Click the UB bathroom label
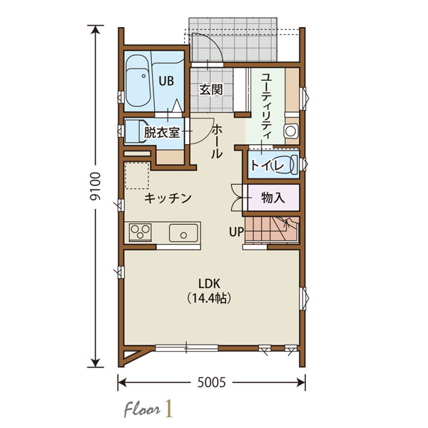(166, 81)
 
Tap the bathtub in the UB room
(138, 81)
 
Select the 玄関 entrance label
(211, 90)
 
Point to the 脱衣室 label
(162, 133)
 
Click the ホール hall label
(217, 141)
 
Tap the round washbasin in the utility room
(291, 131)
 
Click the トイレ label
(267, 165)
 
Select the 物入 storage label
(273, 198)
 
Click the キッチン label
(168, 198)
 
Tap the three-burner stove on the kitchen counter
(141, 233)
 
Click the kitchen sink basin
(183, 233)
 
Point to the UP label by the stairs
(236, 232)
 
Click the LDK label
(209, 284)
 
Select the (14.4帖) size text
(209, 298)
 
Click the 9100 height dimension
(96, 186)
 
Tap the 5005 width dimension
(212, 382)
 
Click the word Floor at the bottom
(142, 410)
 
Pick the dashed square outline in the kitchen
(137, 175)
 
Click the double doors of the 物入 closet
(238, 198)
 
